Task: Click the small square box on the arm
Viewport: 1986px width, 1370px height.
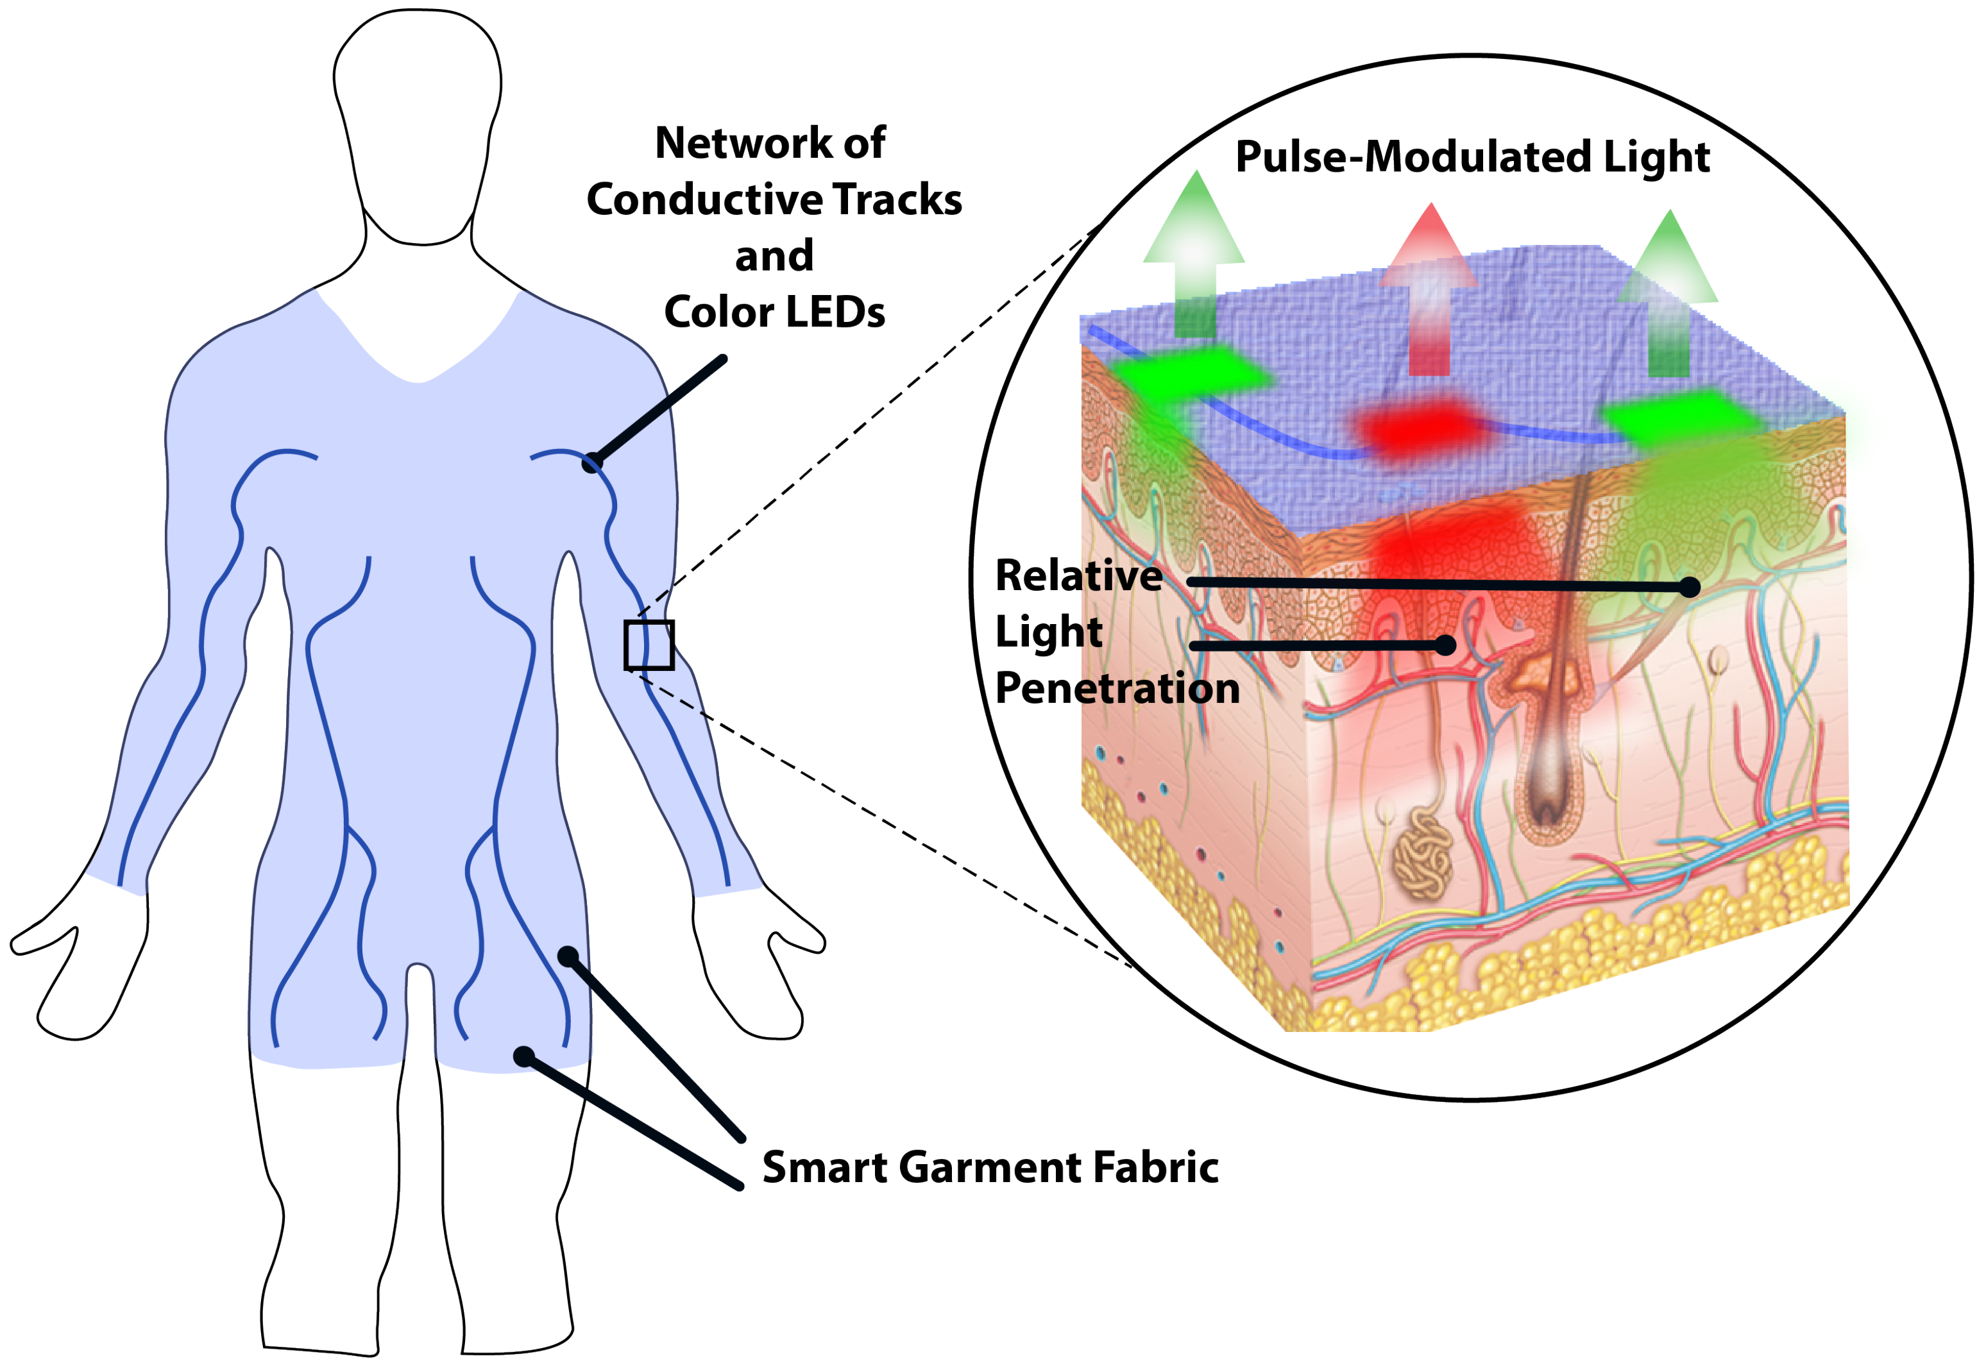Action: [x=649, y=645]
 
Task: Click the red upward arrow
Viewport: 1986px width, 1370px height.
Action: [x=1429, y=292]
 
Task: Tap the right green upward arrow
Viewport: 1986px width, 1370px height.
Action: [x=1668, y=292]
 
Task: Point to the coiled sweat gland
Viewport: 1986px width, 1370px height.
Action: [x=1422, y=855]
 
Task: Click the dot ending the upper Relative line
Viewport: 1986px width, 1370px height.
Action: [x=1689, y=587]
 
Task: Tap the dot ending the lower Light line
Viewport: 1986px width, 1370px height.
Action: [x=1445, y=645]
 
